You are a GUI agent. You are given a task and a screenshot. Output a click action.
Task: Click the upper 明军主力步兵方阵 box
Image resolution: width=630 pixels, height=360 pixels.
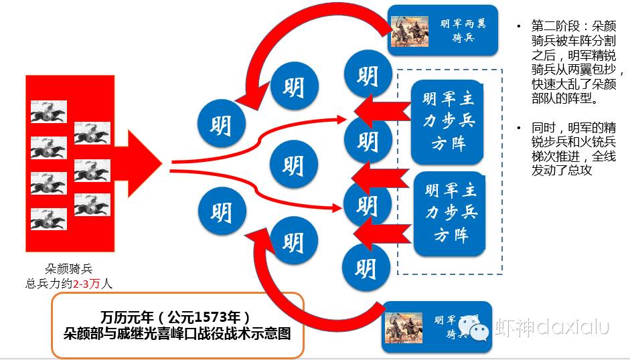point(448,121)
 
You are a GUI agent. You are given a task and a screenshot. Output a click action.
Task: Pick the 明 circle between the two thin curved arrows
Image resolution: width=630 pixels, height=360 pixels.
point(292,165)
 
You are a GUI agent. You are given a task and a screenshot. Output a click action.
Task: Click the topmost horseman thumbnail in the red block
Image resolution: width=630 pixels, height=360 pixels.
point(48,111)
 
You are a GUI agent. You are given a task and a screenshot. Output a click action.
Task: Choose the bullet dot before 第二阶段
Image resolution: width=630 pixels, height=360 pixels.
point(518,27)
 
